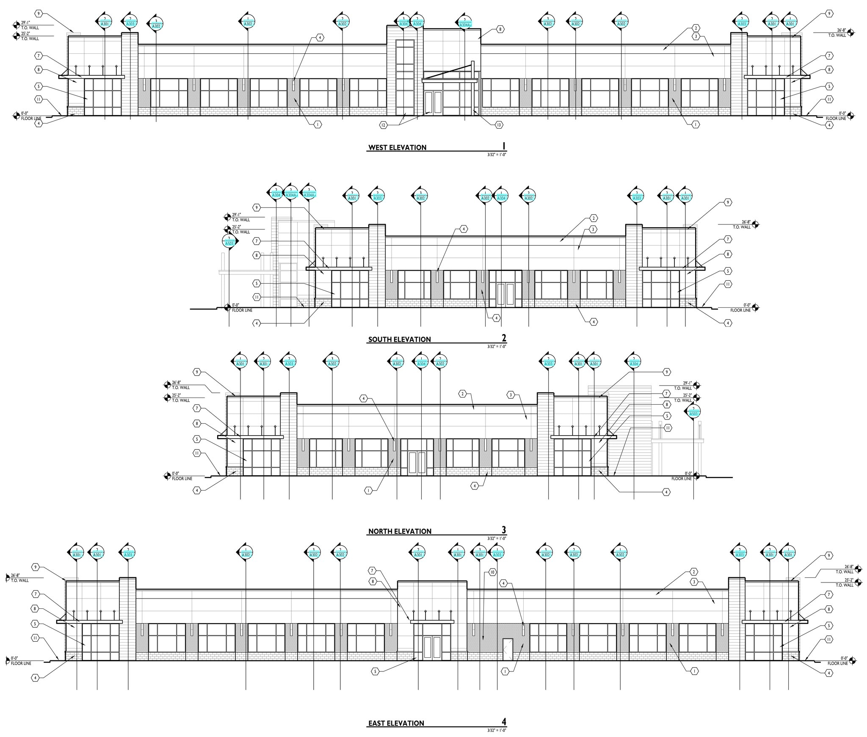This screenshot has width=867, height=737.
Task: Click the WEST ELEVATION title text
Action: pyautogui.click(x=397, y=147)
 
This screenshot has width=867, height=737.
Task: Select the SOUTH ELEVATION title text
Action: pyautogui.click(x=399, y=339)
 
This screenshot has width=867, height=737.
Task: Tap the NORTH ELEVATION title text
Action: pyautogui.click(x=400, y=531)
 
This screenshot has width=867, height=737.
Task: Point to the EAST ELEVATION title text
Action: pyautogui.click(x=396, y=723)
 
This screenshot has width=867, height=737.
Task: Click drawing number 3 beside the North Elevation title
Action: pyautogui.click(x=504, y=530)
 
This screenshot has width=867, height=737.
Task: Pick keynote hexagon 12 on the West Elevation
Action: pyautogui.click(x=384, y=125)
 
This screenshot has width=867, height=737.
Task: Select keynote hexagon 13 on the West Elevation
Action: pyautogui.click(x=499, y=124)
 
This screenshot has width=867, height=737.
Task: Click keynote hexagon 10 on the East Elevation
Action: pyautogui.click(x=492, y=572)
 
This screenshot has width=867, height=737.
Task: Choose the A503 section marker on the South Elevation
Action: pyautogui.click(x=229, y=242)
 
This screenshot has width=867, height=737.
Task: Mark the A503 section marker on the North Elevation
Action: pyautogui.click(x=693, y=412)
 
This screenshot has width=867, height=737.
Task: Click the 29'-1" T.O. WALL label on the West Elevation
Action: pyautogui.click(x=30, y=25)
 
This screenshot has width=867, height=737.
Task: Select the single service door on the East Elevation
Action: pyautogui.click(x=508, y=649)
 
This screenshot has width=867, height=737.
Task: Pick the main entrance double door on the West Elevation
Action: pyautogui.click(x=433, y=102)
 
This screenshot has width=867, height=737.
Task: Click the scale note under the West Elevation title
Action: pyautogui.click(x=497, y=155)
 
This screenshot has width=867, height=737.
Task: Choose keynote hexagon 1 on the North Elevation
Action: pyautogui.click(x=369, y=490)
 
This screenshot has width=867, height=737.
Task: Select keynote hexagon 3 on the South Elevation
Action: pyautogui.click(x=594, y=229)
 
